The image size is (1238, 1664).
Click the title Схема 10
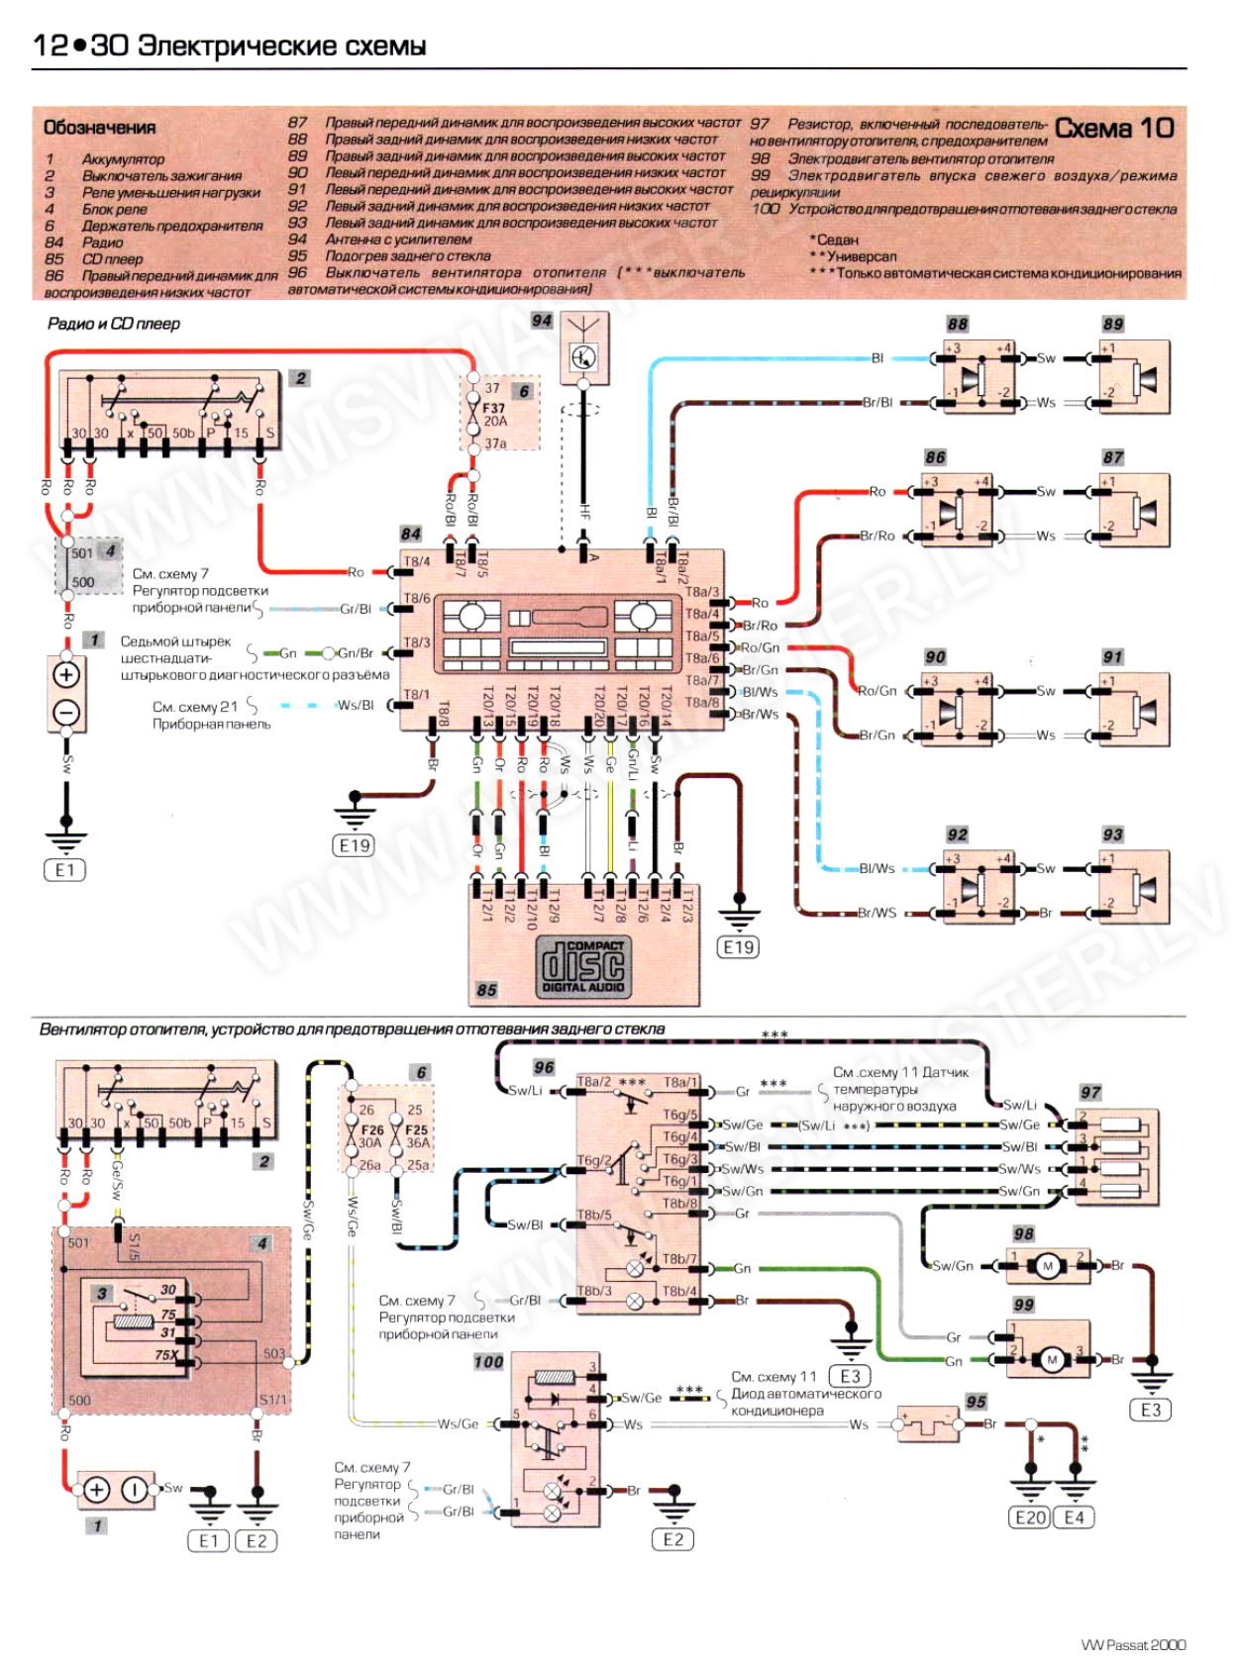coord(1114,129)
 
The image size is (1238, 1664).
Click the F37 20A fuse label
coord(494,415)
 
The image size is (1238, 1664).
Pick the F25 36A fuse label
coord(418,1135)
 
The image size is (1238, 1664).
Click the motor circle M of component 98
coord(1047,1265)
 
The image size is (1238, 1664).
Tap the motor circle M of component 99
coord(1052,1360)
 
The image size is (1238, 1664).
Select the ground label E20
coord(1030,1517)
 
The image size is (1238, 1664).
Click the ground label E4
coord(1075,1517)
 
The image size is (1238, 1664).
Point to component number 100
coord(488,1362)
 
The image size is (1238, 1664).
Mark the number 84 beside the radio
coord(411,534)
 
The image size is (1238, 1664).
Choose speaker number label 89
coord(1113,324)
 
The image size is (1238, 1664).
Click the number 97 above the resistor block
coord(1090,1093)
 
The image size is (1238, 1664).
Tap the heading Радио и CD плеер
coord(114,324)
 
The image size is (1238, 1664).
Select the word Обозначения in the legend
coord(99,128)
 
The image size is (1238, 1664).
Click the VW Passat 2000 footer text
coord(1133,1644)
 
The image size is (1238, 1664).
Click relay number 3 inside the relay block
coord(102,1293)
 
